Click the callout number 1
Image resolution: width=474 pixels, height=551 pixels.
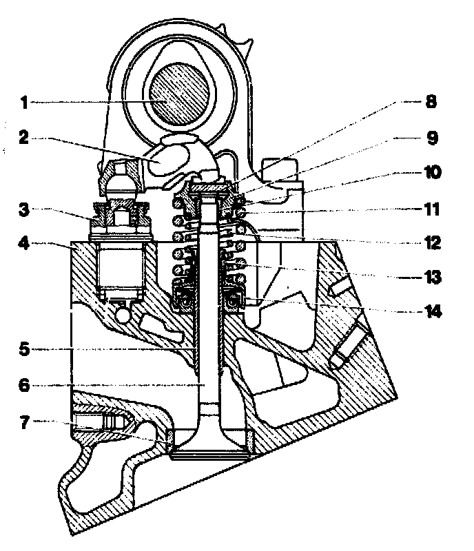pyautogui.click(x=23, y=103)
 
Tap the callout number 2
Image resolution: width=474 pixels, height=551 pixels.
pyautogui.click(x=23, y=138)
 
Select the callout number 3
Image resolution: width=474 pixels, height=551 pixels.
pyautogui.click(x=23, y=209)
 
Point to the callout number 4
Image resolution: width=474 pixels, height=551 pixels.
pyautogui.click(x=23, y=244)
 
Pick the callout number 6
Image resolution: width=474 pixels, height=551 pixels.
pyautogui.click(x=23, y=387)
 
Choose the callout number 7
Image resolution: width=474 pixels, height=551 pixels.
pyautogui.click(x=23, y=422)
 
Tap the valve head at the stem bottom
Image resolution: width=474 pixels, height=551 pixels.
pyautogui.click(x=209, y=448)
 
